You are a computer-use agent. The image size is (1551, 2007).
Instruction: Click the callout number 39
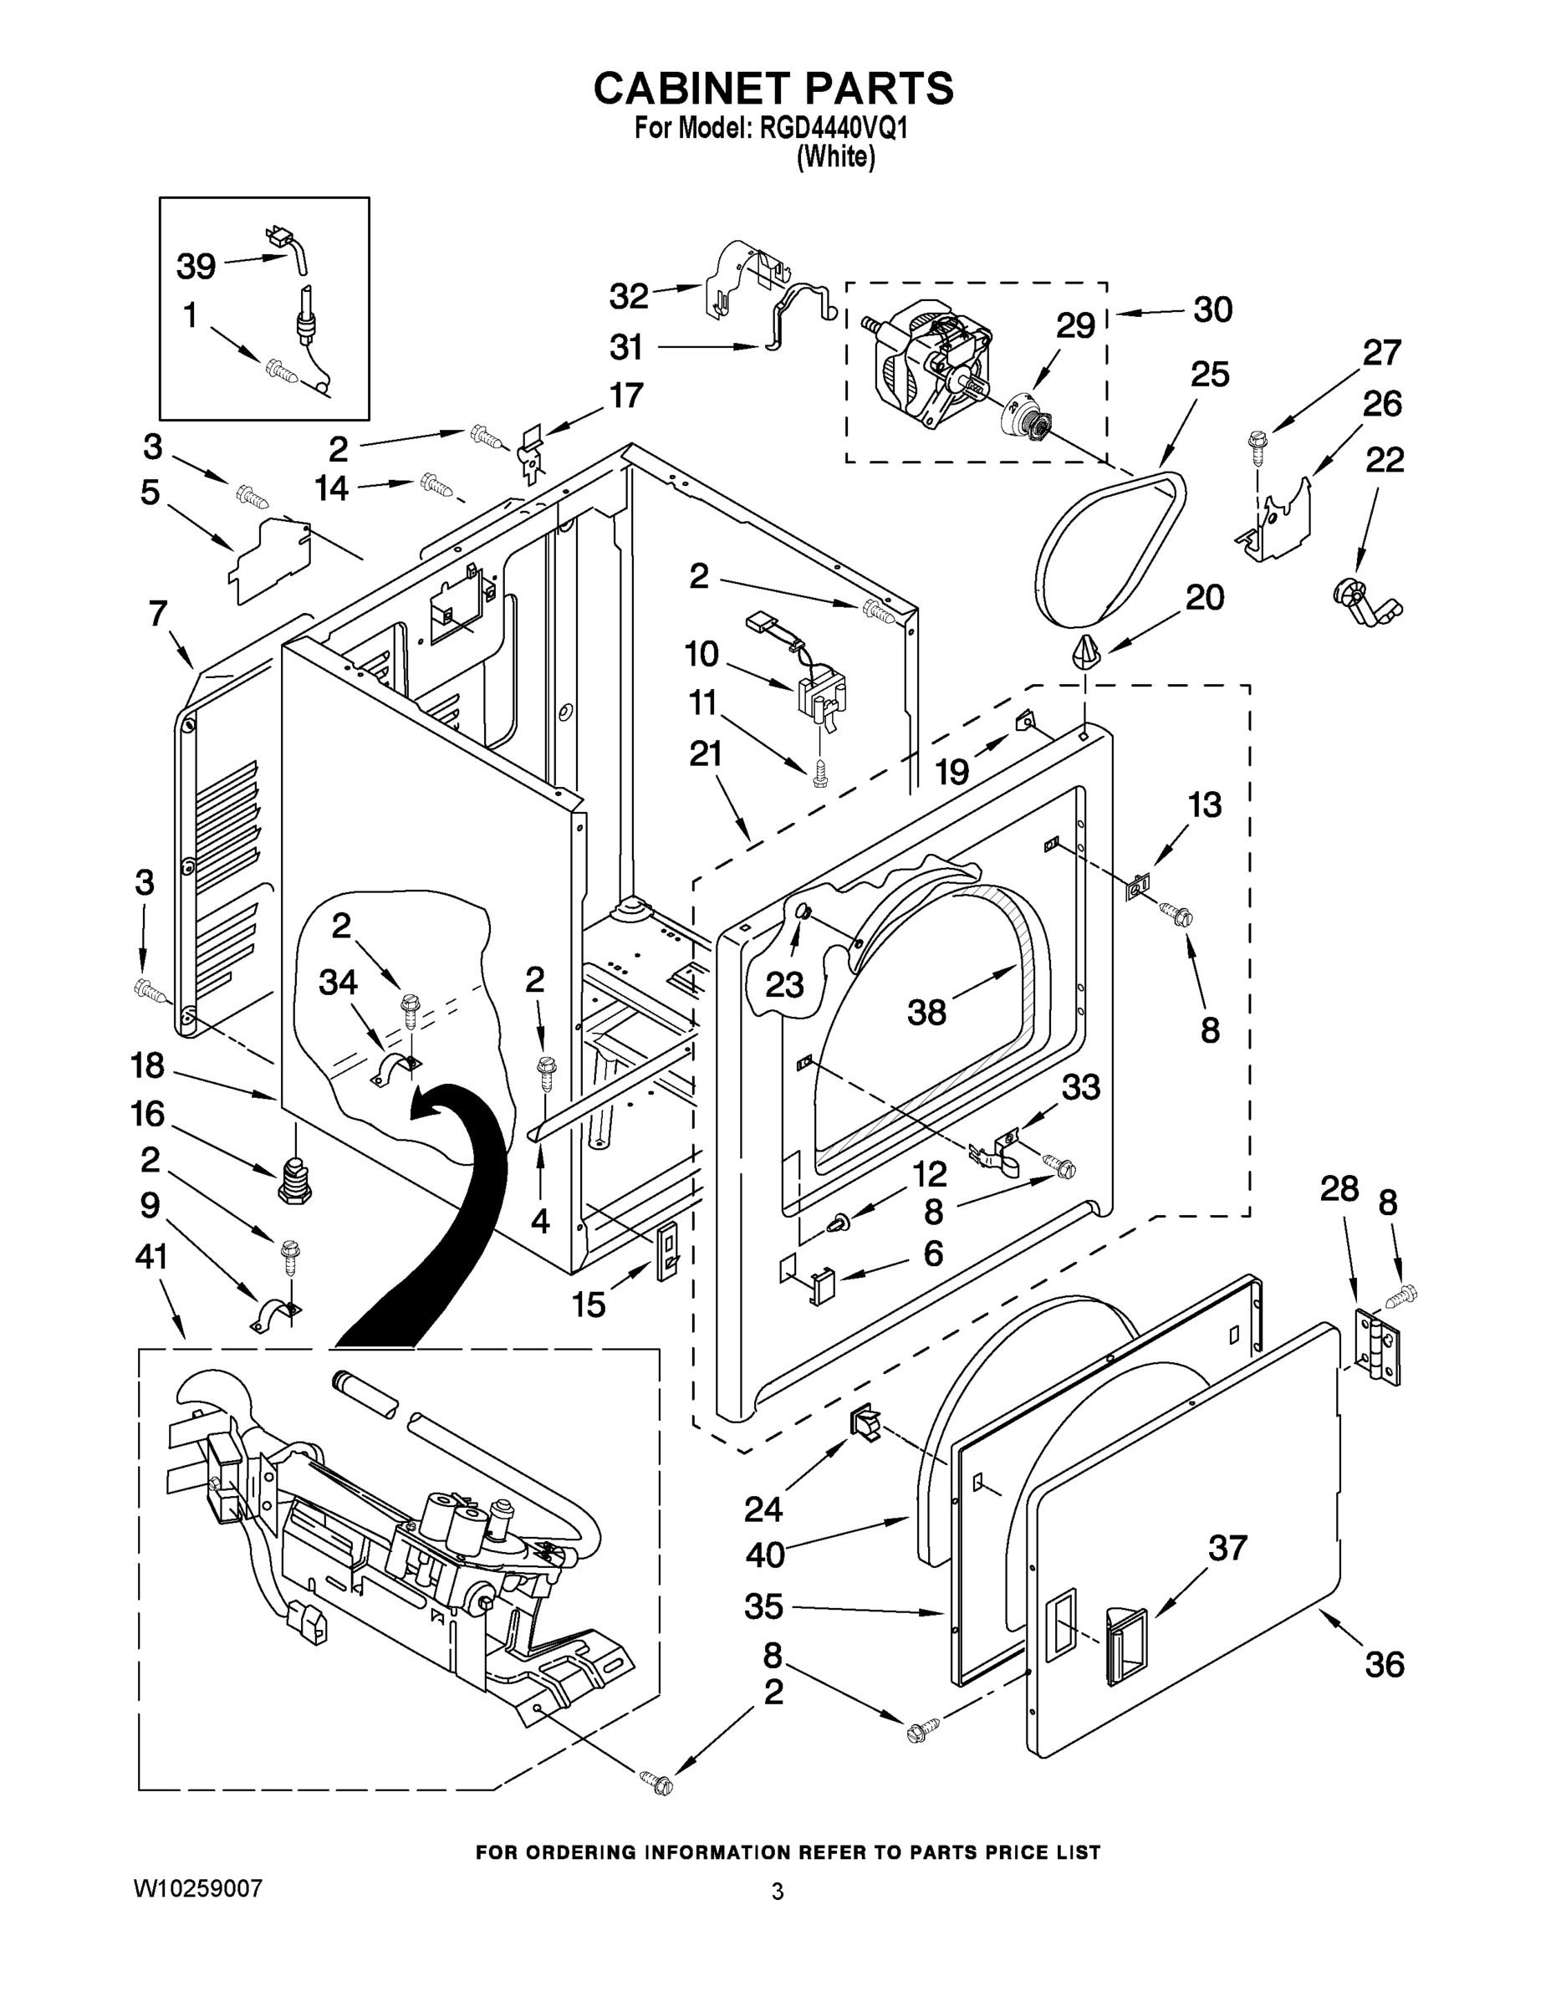tap(196, 267)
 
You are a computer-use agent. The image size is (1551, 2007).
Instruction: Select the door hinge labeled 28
tap(1379, 1350)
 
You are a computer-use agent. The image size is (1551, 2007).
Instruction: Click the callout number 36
tap(1384, 1664)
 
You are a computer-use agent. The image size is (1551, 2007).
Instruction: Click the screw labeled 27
tap(1256, 445)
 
